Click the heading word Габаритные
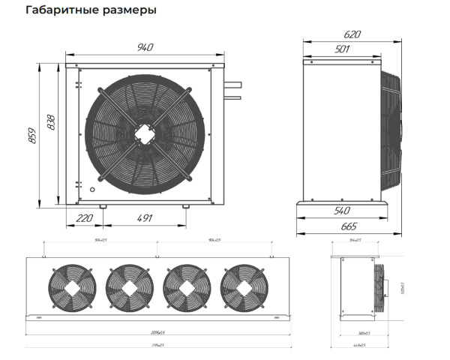point(56,11)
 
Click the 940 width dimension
point(145,47)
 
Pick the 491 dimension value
point(145,218)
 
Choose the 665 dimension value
point(346,226)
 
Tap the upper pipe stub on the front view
point(232,83)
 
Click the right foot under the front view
point(185,206)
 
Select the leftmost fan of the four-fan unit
point(67,286)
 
